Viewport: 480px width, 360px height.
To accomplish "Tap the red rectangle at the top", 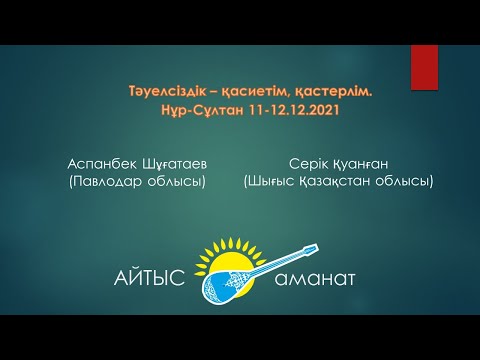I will (424, 67).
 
